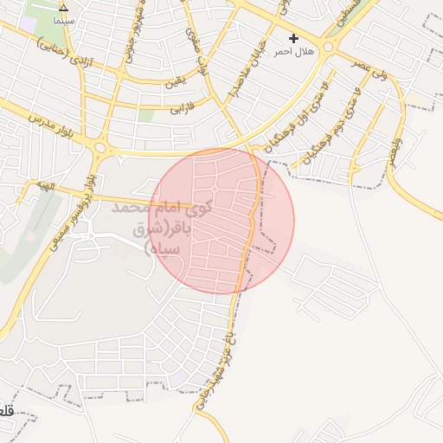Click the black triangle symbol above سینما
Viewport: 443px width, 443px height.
(63, 7)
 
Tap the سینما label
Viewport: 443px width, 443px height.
(63, 19)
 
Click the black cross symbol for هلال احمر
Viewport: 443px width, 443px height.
(293, 38)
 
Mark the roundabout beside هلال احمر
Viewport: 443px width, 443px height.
(329, 45)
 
